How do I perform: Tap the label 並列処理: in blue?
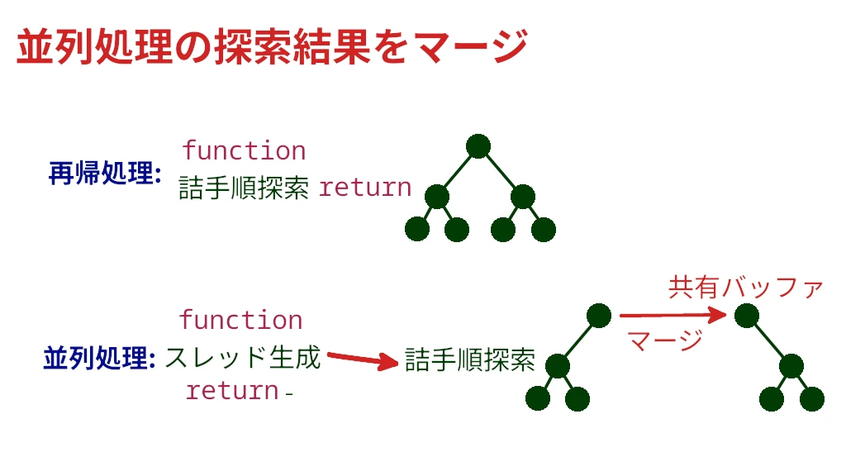tap(99, 359)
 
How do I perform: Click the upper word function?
tap(244, 150)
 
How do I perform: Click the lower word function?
tap(240, 320)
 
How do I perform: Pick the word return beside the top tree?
tap(364, 188)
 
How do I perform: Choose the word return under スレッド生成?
tap(232, 390)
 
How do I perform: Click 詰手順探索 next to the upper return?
tap(244, 188)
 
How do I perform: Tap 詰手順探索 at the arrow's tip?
tap(470, 359)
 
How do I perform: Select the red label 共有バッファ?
tap(745, 288)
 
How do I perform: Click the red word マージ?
tap(664, 339)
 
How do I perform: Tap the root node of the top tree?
tap(478, 146)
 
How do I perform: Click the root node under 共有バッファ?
tap(746, 315)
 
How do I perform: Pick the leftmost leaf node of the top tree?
tap(417, 229)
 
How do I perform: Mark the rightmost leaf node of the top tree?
tap(543, 229)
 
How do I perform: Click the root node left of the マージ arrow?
tap(599, 315)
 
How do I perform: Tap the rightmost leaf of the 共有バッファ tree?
tap(812, 398)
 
